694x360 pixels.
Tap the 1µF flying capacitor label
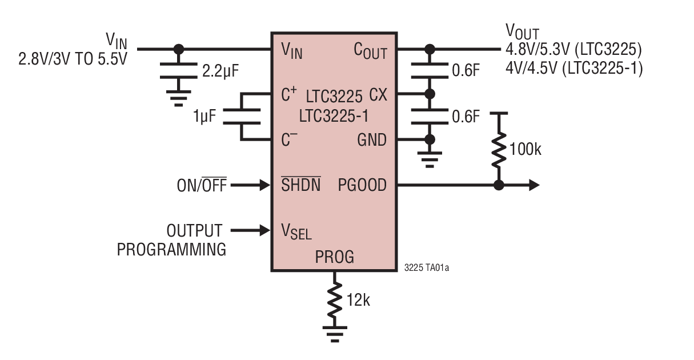(x=204, y=117)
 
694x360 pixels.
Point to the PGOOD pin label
(x=362, y=185)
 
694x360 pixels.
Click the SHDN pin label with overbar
(x=300, y=185)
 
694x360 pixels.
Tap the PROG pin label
(x=334, y=257)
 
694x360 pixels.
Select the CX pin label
(x=378, y=94)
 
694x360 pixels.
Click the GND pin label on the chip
(x=371, y=140)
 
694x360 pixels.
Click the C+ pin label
(x=289, y=94)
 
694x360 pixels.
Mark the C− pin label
(x=289, y=139)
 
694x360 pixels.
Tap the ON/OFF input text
(x=201, y=186)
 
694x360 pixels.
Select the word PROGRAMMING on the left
(x=171, y=250)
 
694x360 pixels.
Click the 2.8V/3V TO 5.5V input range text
(x=72, y=58)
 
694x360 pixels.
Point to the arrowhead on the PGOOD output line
(x=533, y=185)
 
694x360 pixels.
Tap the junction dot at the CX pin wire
(x=430, y=94)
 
